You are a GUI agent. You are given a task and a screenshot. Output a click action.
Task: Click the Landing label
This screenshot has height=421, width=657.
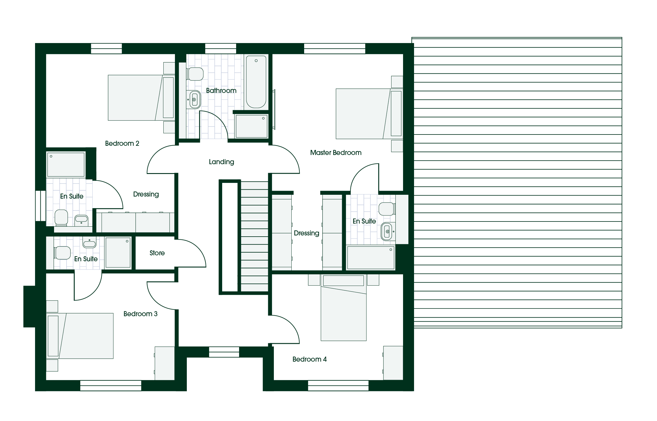coord(221,162)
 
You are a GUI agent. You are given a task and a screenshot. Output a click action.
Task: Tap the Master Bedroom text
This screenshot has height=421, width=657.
coord(336,153)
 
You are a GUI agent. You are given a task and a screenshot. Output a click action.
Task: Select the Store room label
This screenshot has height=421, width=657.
coord(157,253)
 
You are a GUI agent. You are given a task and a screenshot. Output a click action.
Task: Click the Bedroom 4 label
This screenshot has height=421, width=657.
coord(309,359)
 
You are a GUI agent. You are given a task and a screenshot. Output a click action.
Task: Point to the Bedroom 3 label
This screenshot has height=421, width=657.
coord(140,314)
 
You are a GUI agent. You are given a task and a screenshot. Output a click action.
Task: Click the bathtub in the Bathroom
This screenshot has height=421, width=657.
coord(256,82)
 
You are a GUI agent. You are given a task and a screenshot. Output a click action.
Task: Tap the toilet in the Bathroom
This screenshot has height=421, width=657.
coord(195,74)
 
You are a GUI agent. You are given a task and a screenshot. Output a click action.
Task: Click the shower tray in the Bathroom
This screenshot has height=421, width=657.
coord(252,126)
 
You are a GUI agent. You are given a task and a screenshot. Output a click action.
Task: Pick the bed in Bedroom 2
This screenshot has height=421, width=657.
coord(141,98)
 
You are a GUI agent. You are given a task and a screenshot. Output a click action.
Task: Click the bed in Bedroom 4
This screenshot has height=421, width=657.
coord(344,308)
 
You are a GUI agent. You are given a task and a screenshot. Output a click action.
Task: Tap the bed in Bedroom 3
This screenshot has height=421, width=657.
coord(80,336)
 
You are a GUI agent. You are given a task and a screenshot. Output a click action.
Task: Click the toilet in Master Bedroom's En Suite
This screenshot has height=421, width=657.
coord(387,209)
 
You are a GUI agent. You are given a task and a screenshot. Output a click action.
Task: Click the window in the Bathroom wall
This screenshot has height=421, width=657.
coord(221,49)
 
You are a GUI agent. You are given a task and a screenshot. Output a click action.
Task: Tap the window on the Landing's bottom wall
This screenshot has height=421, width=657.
coord(224,352)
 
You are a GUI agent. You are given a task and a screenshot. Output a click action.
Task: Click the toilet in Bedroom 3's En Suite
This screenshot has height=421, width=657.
coord(62,253)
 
